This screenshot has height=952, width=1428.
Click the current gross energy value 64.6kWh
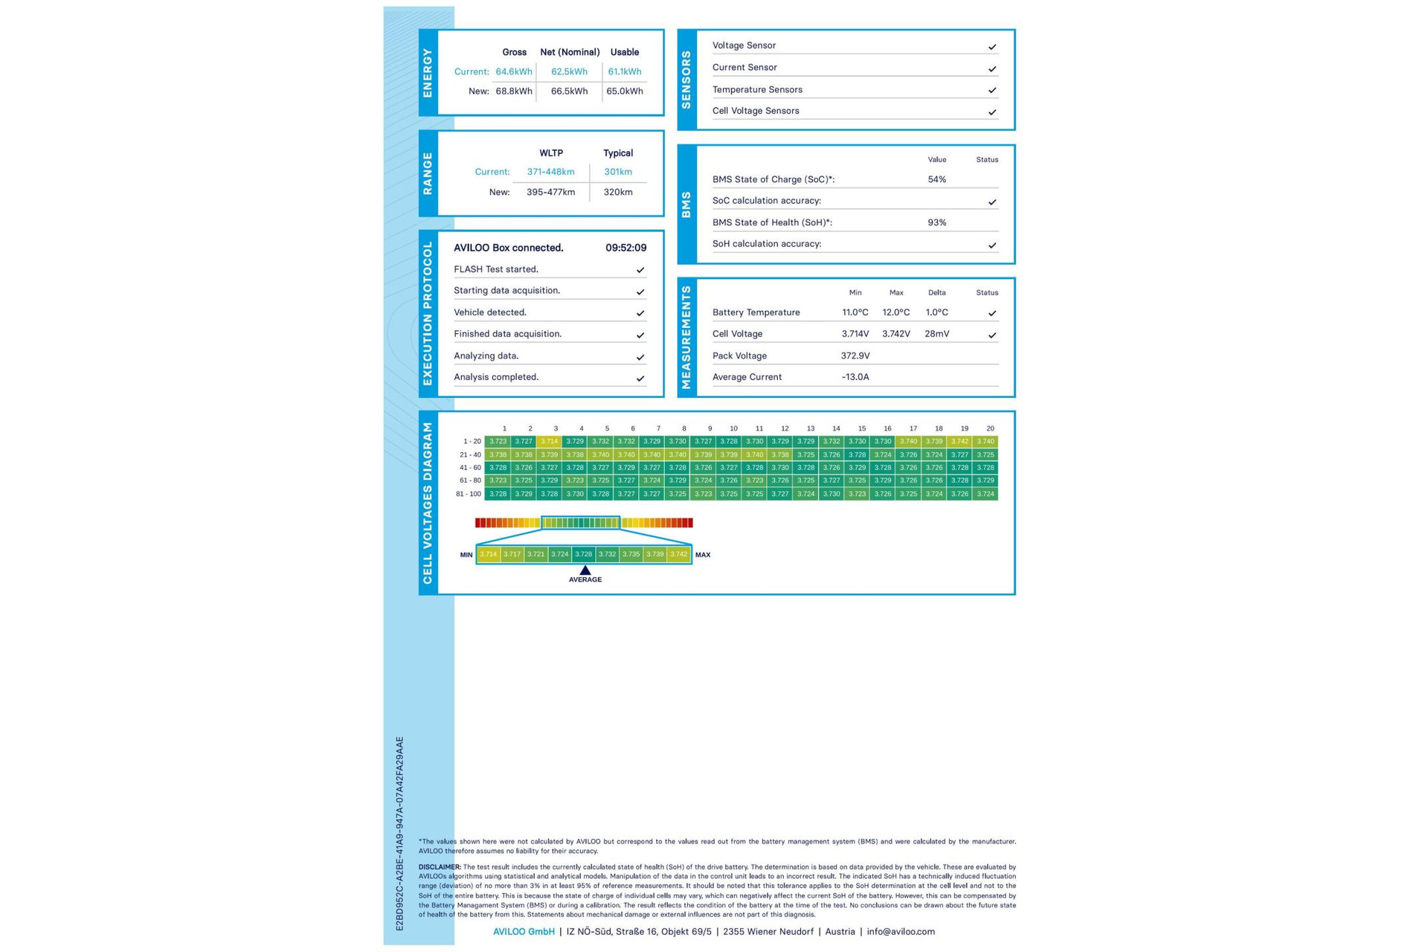(514, 72)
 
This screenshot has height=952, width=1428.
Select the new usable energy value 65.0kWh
(624, 91)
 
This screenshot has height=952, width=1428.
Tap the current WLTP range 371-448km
(550, 172)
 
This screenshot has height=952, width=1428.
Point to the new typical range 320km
(618, 192)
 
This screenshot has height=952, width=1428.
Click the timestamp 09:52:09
(625, 248)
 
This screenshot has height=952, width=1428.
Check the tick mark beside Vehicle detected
(640, 313)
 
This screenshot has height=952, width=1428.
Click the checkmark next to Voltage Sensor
(991, 47)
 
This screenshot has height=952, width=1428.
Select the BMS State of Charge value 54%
(936, 179)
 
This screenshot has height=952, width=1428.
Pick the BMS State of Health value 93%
(936, 222)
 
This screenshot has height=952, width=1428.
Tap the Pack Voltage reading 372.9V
(855, 356)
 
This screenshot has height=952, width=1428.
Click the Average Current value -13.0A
(855, 377)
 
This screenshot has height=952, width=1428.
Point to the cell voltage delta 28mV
(936, 334)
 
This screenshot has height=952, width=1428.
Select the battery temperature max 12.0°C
(895, 312)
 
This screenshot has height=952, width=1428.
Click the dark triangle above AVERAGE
(585, 570)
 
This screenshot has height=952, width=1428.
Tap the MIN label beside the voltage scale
(466, 555)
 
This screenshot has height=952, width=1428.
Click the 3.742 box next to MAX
(678, 554)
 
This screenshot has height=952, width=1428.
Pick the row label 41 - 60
(470, 468)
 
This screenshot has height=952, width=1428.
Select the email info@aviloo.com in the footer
(900, 931)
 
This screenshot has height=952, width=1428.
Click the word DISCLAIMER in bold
(440, 867)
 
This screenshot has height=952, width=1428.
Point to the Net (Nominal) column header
(570, 52)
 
